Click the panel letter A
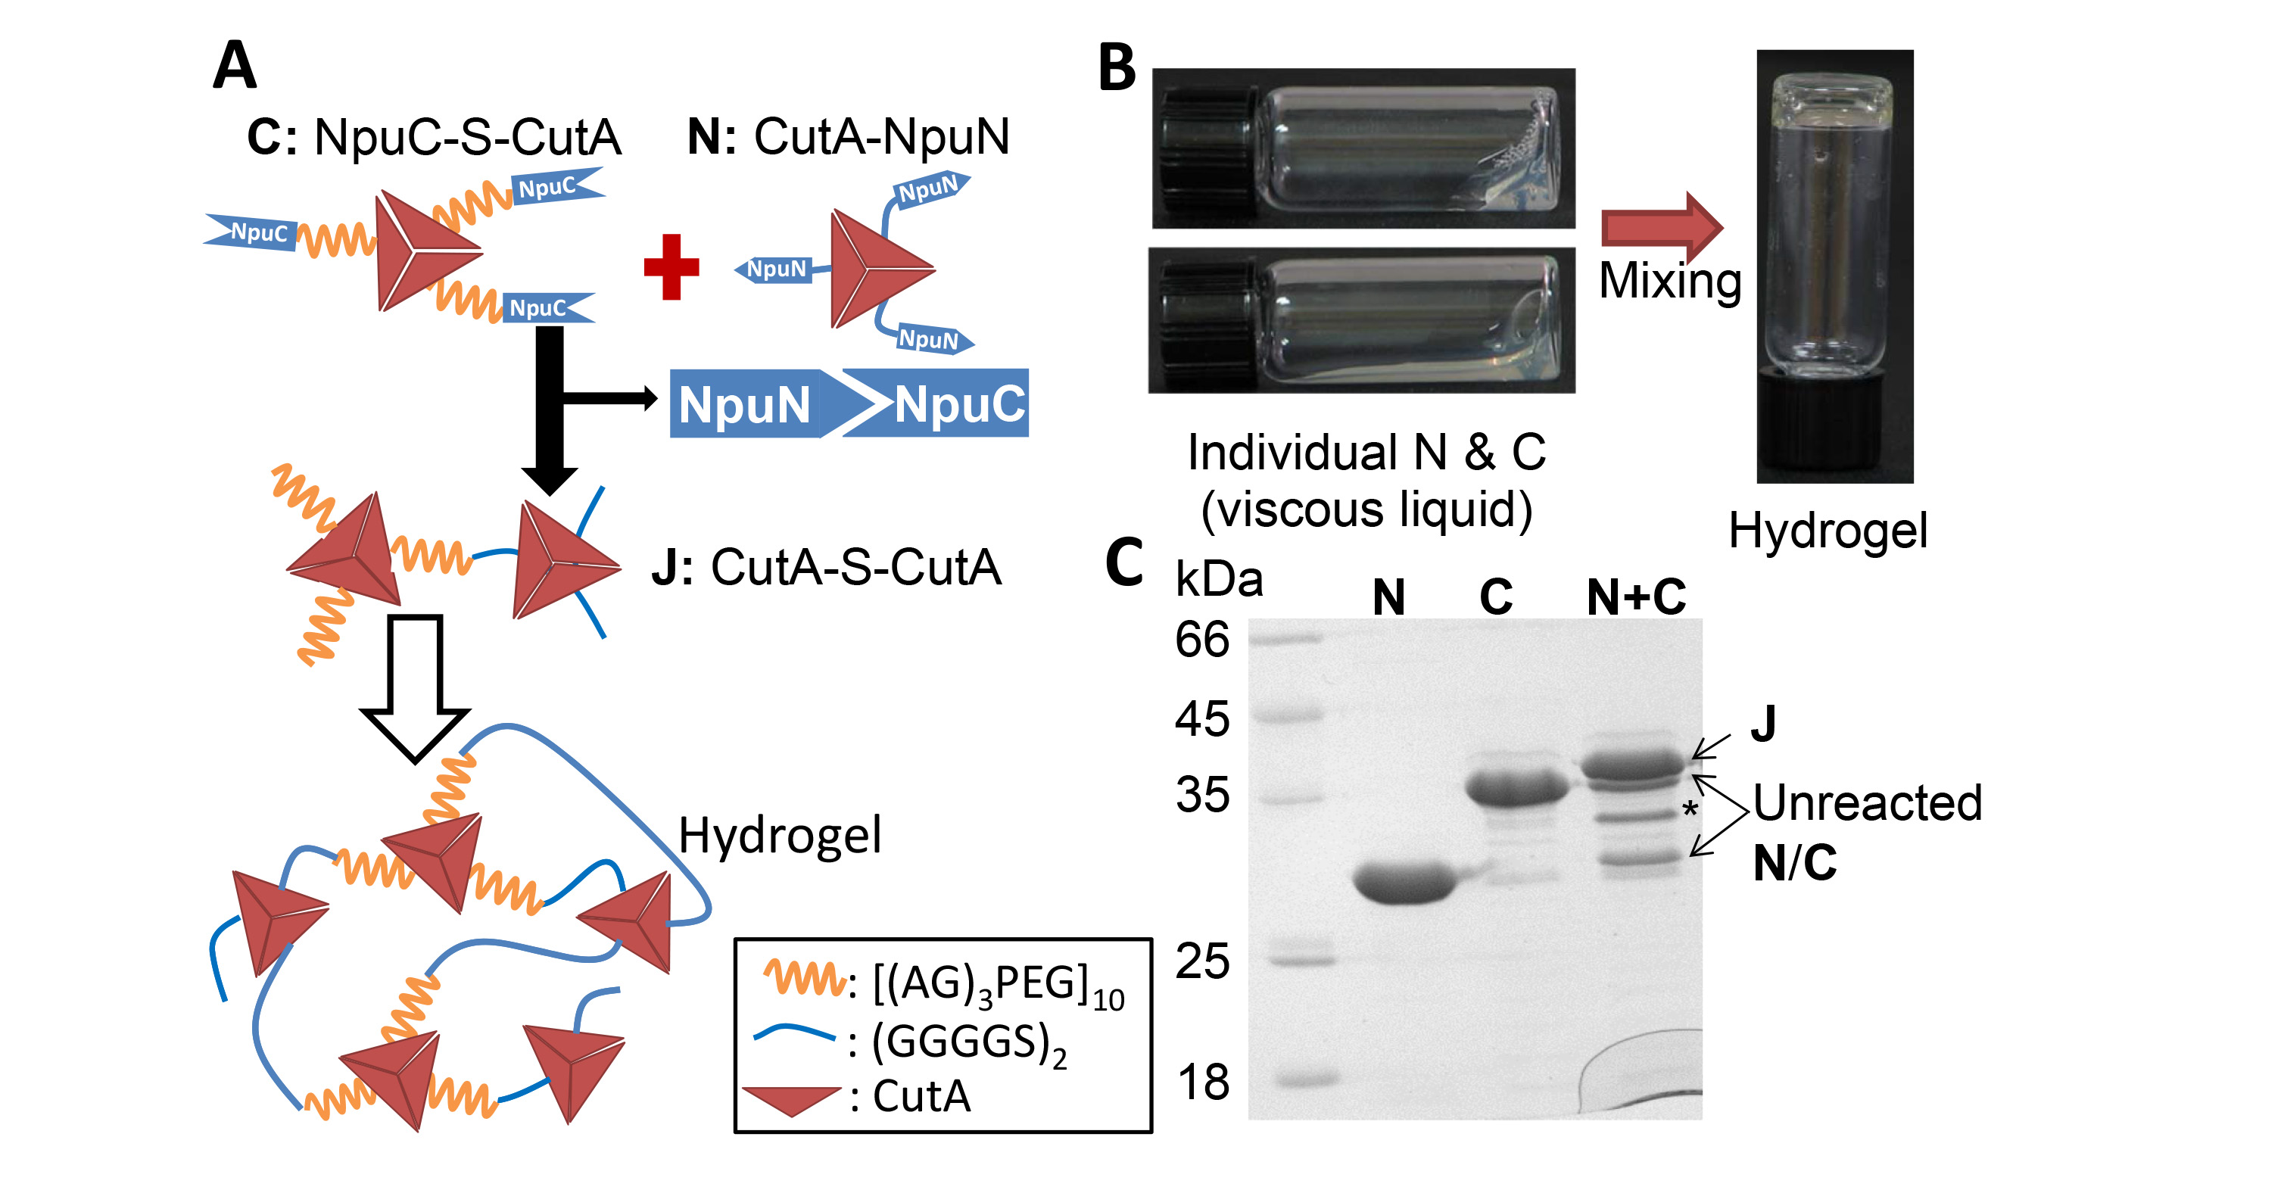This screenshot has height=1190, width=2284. [234, 66]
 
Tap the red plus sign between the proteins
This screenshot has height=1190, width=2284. [671, 267]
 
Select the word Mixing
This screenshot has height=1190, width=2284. [1669, 282]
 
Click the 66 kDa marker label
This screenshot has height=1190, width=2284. [1202, 640]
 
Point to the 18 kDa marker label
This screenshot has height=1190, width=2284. [1202, 1083]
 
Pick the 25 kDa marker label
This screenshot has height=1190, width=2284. [1202, 961]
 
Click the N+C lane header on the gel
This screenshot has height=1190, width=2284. [1636, 597]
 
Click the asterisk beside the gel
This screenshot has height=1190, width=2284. [1690, 809]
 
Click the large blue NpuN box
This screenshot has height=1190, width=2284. [745, 404]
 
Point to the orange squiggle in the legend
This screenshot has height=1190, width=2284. [803, 979]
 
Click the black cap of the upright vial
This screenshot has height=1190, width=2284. [1834, 425]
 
